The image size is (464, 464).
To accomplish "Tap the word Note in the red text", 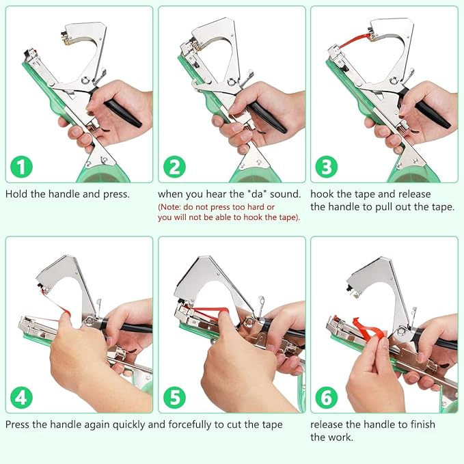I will (172, 207).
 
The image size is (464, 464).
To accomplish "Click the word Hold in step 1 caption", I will (17, 194).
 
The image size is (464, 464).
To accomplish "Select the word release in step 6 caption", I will (329, 424).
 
